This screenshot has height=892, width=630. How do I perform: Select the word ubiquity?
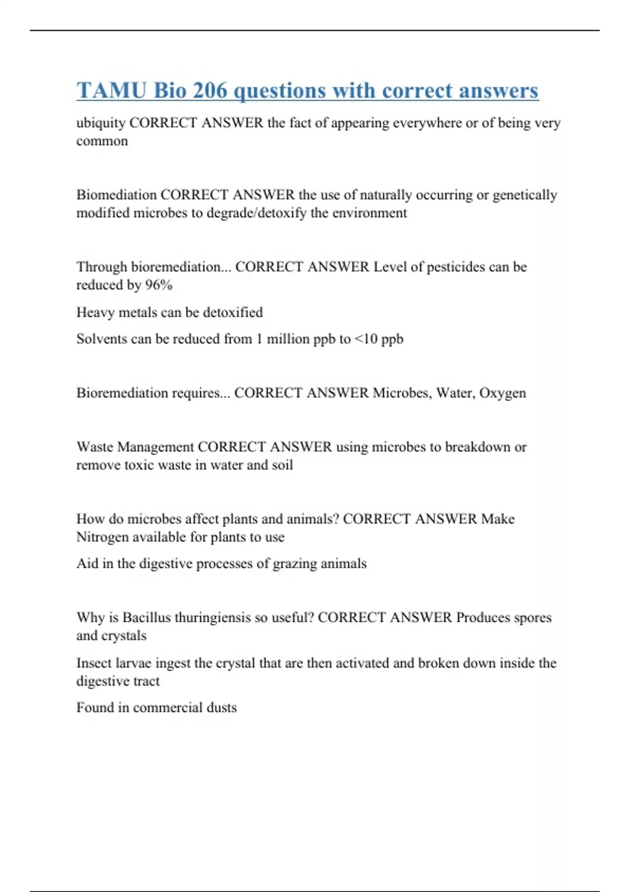[x=101, y=123]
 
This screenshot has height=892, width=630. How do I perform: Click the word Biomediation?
[x=117, y=195]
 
